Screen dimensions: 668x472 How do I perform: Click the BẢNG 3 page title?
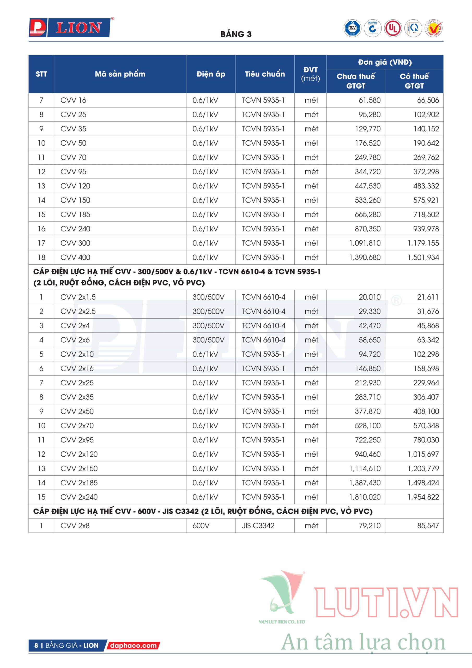(236, 34)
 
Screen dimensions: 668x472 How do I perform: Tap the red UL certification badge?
(393, 28)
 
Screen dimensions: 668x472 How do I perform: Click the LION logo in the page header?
(70, 28)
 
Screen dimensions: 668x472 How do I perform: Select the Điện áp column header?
(211, 74)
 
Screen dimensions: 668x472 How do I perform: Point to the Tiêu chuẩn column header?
(265, 74)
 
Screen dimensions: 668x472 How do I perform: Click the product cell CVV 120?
(75, 186)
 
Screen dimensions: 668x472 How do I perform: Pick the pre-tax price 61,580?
(369, 100)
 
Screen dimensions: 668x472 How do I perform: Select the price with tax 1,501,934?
(423, 258)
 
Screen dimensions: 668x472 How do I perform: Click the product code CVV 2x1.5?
(78, 297)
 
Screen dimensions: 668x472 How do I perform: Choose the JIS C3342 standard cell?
(258, 526)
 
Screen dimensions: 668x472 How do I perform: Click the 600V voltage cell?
(201, 526)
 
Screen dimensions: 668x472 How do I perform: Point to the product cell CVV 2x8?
(75, 526)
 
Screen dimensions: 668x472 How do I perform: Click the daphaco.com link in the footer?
(133, 645)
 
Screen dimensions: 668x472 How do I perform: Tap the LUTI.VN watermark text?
(386, 603)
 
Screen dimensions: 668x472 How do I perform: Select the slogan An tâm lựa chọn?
(363, 642)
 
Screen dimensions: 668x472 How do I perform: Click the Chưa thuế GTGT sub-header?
(356, 81)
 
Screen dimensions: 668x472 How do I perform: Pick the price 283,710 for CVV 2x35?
(368, 397)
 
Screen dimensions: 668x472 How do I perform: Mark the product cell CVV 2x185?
(79, 483)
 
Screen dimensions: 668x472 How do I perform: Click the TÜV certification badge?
(352, 28)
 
